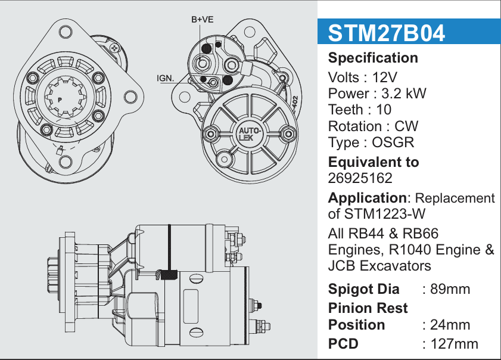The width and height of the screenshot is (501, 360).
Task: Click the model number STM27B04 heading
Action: click(x=387, y=33)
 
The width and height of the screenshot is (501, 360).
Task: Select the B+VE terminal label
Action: click(x=203, y=20)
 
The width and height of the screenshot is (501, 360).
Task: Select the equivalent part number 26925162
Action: click(x=360, y=178)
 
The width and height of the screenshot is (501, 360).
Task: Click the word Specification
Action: click(x=373, y=58)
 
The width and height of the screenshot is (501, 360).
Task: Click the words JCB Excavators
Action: click(x=379, y=265)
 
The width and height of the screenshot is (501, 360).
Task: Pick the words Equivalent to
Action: click(x=374, y=162)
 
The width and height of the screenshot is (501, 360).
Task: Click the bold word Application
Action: click(x=367, y=198)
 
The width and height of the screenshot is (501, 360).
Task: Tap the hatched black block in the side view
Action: click(x=170, y=275)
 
